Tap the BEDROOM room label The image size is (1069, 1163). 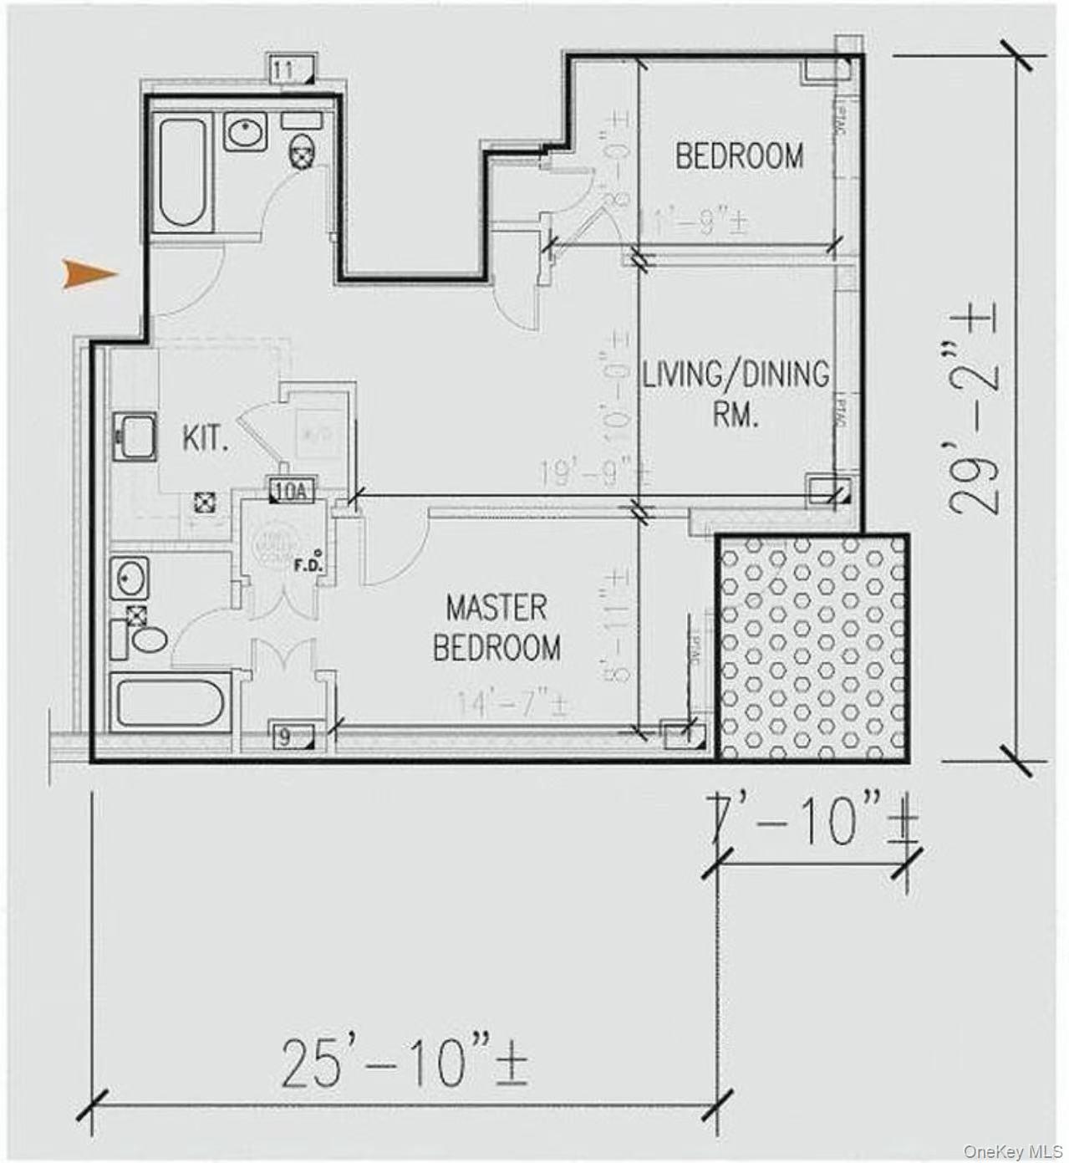coord(740,156)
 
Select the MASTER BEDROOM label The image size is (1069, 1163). coord(496,627)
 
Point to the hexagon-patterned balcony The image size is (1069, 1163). coord(812,647)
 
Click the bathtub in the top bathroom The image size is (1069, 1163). coord(182,173)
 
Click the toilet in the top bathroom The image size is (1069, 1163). coord(302,155)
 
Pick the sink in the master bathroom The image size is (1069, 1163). coord(130,578)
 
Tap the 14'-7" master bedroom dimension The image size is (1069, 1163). coord(512,704)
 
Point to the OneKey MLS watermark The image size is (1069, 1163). coord(1012,1151)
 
